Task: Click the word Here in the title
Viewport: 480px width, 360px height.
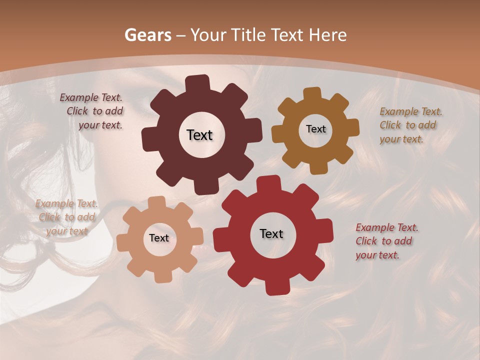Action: [328, 35]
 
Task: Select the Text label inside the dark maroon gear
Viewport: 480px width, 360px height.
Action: [199, 135]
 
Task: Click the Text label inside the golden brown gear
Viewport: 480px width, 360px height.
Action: [315, 129]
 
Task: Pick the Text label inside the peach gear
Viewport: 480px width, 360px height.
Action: [159, 238]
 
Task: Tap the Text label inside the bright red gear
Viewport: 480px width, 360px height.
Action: [271, 233]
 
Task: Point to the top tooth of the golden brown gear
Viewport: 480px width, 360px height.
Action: [312, 94]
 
